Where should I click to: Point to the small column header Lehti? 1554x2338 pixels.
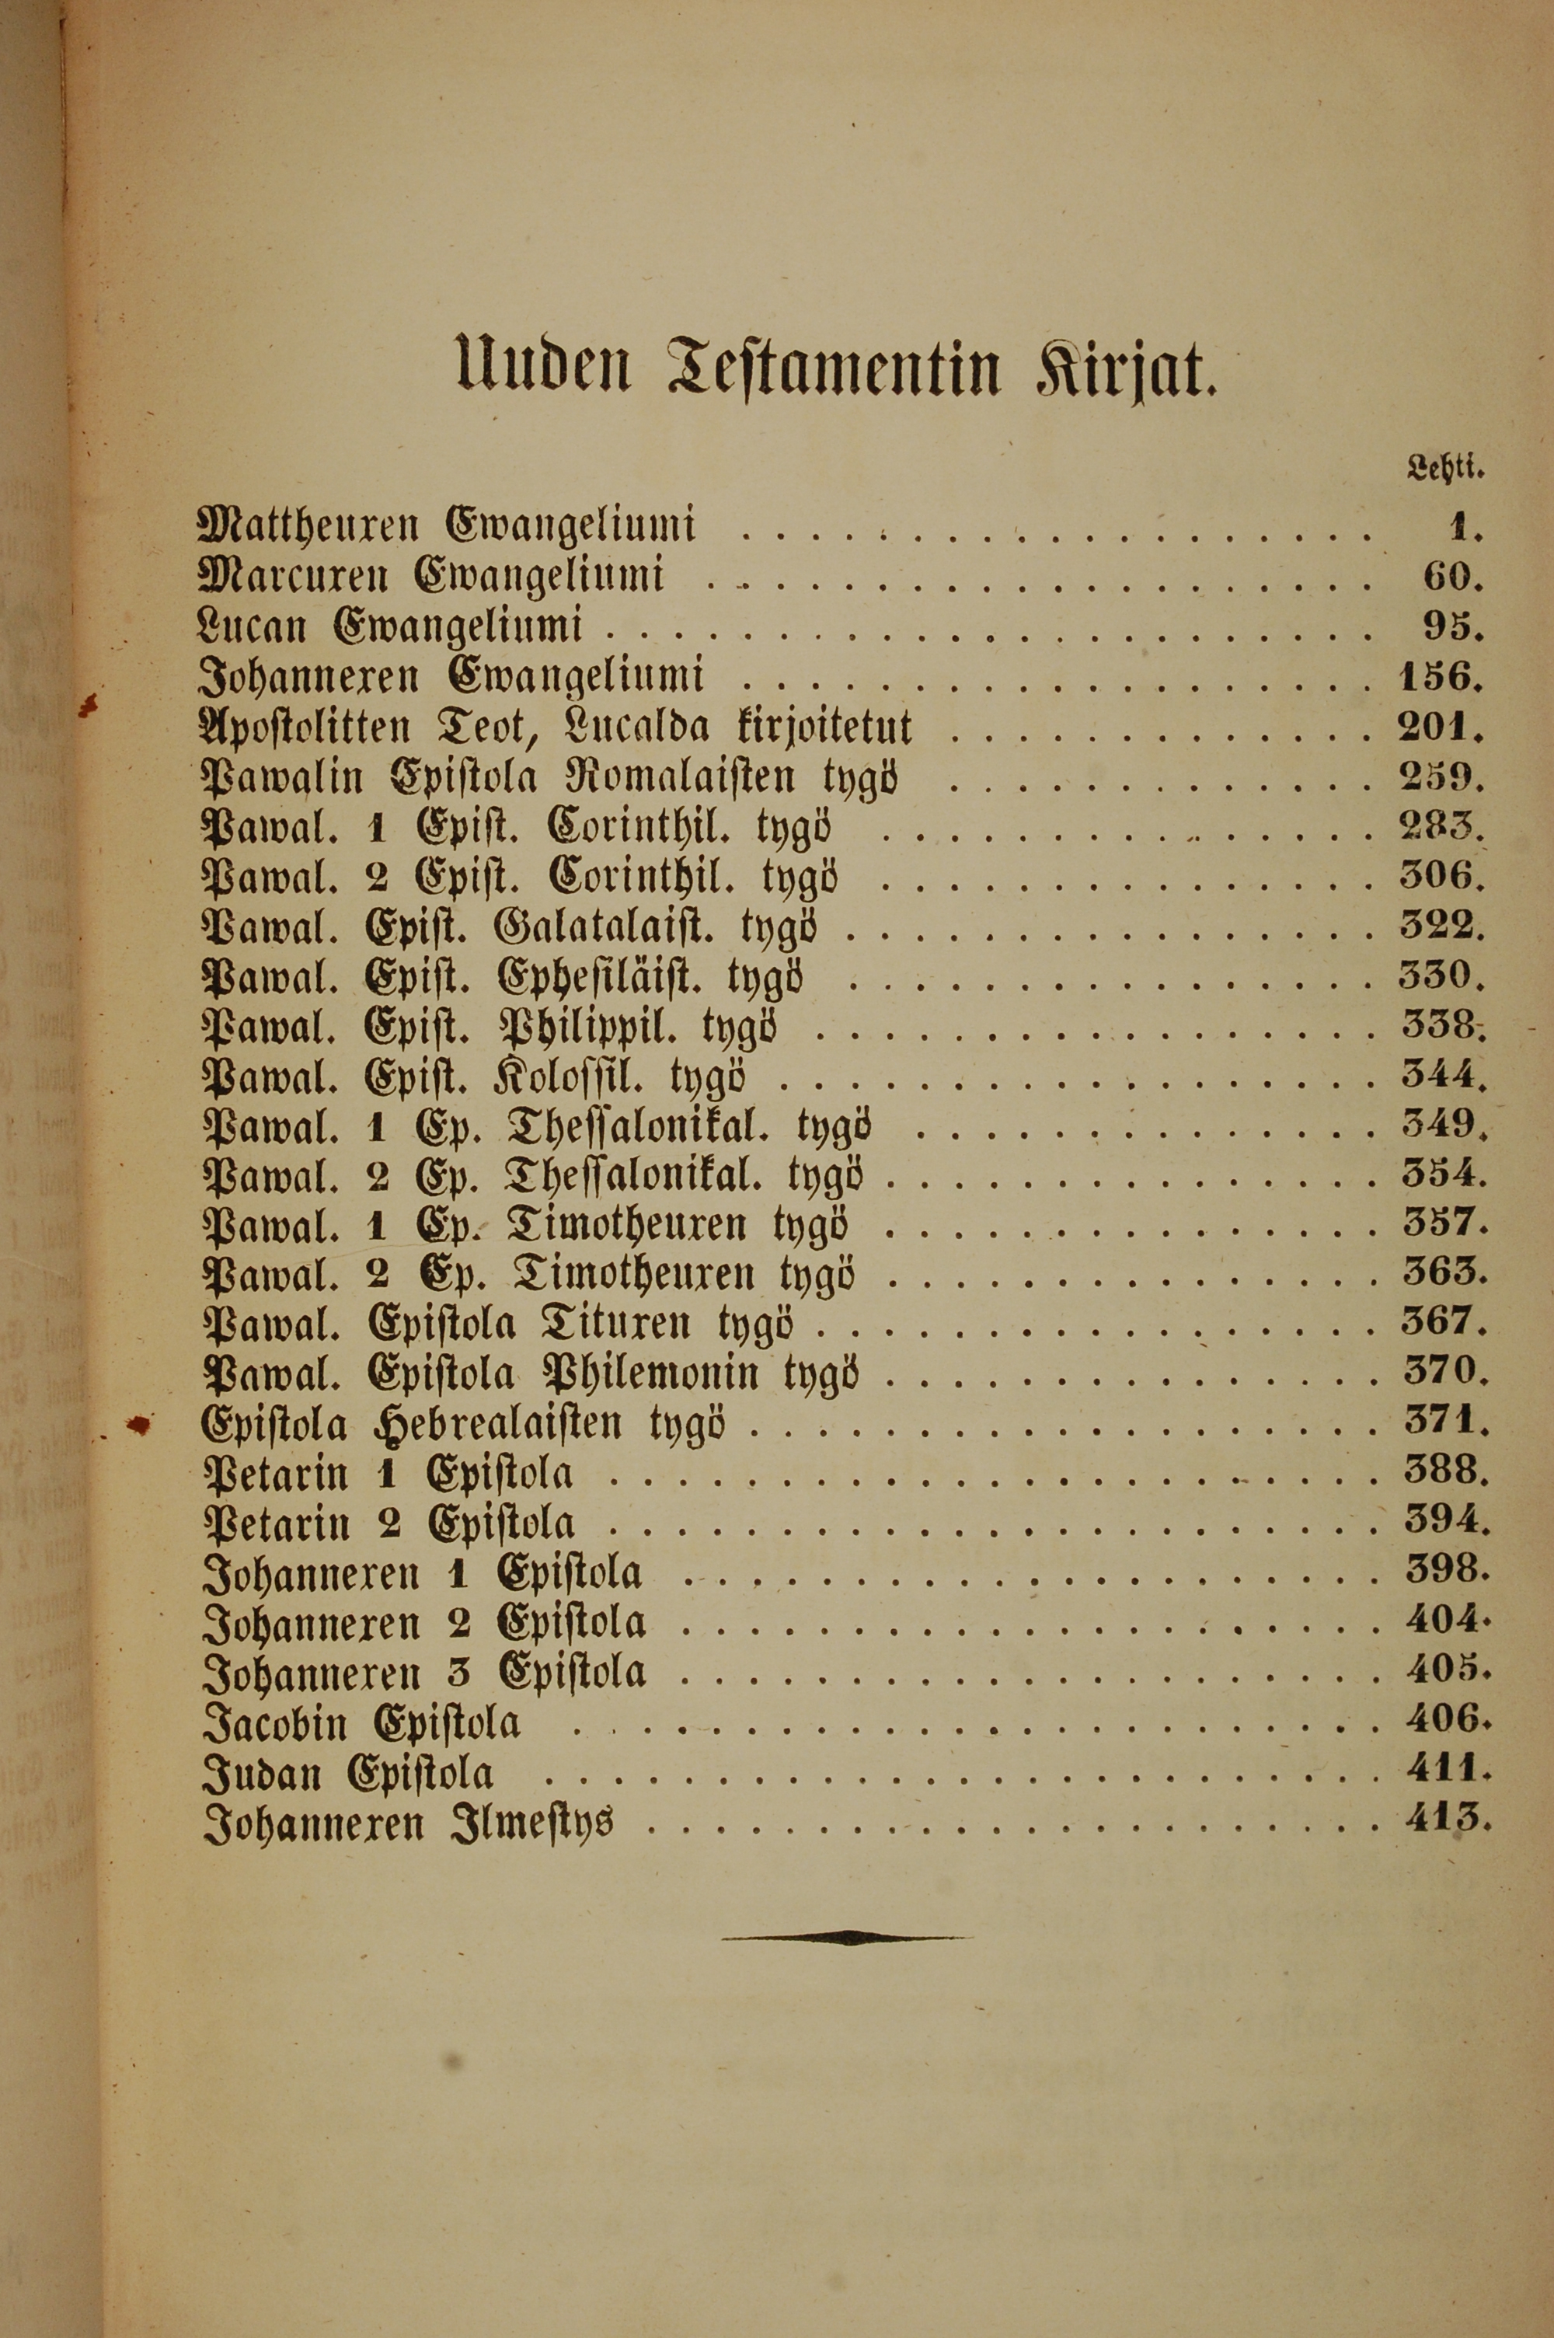1446,468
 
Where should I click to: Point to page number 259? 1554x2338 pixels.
1441,778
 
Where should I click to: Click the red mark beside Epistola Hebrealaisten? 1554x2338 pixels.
141,1424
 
